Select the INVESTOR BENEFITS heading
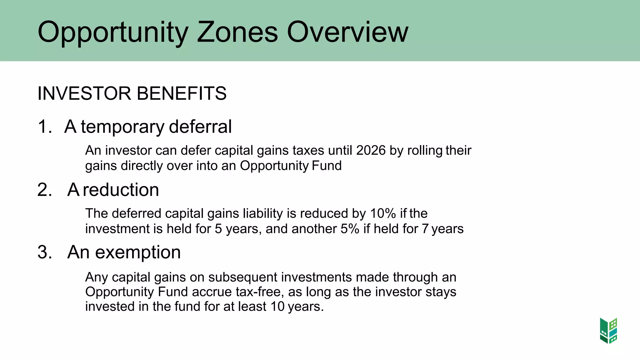[x=132, y=93]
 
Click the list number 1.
[x=45, y=127]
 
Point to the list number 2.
[x=45, y=190]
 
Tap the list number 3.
[x=45, y=252]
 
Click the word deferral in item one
[x=200, y=127]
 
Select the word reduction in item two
[x=121, y=190]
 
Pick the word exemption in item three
[x=138, y=252]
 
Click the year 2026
[x=371, y=150]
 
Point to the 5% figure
[x=350, y=229]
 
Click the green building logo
[x=608, y=331]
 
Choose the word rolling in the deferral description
[x=425, y=151]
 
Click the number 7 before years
[x=425, y=229]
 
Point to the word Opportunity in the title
[x=113, y=32]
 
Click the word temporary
[x=122, y=127]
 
